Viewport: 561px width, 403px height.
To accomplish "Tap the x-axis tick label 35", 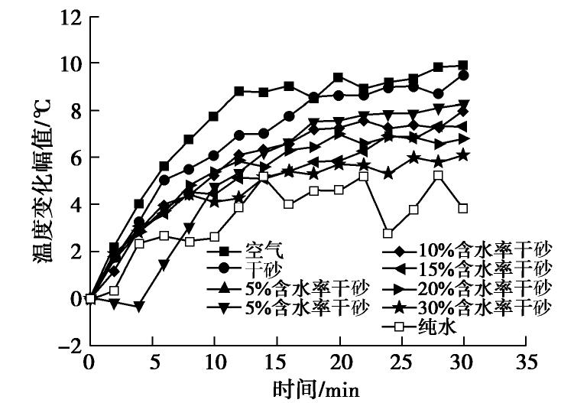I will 525,362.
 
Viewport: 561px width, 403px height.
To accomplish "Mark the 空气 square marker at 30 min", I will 463,65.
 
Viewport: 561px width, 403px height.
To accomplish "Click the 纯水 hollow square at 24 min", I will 388,233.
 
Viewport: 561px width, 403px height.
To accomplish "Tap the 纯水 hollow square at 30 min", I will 463,209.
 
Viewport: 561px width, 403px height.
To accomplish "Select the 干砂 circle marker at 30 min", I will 463,75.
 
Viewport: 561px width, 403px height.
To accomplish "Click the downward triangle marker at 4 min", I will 139,306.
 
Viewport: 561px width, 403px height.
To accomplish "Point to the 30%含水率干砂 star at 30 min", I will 463,155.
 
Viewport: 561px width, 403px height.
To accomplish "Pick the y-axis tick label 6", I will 73,158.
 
